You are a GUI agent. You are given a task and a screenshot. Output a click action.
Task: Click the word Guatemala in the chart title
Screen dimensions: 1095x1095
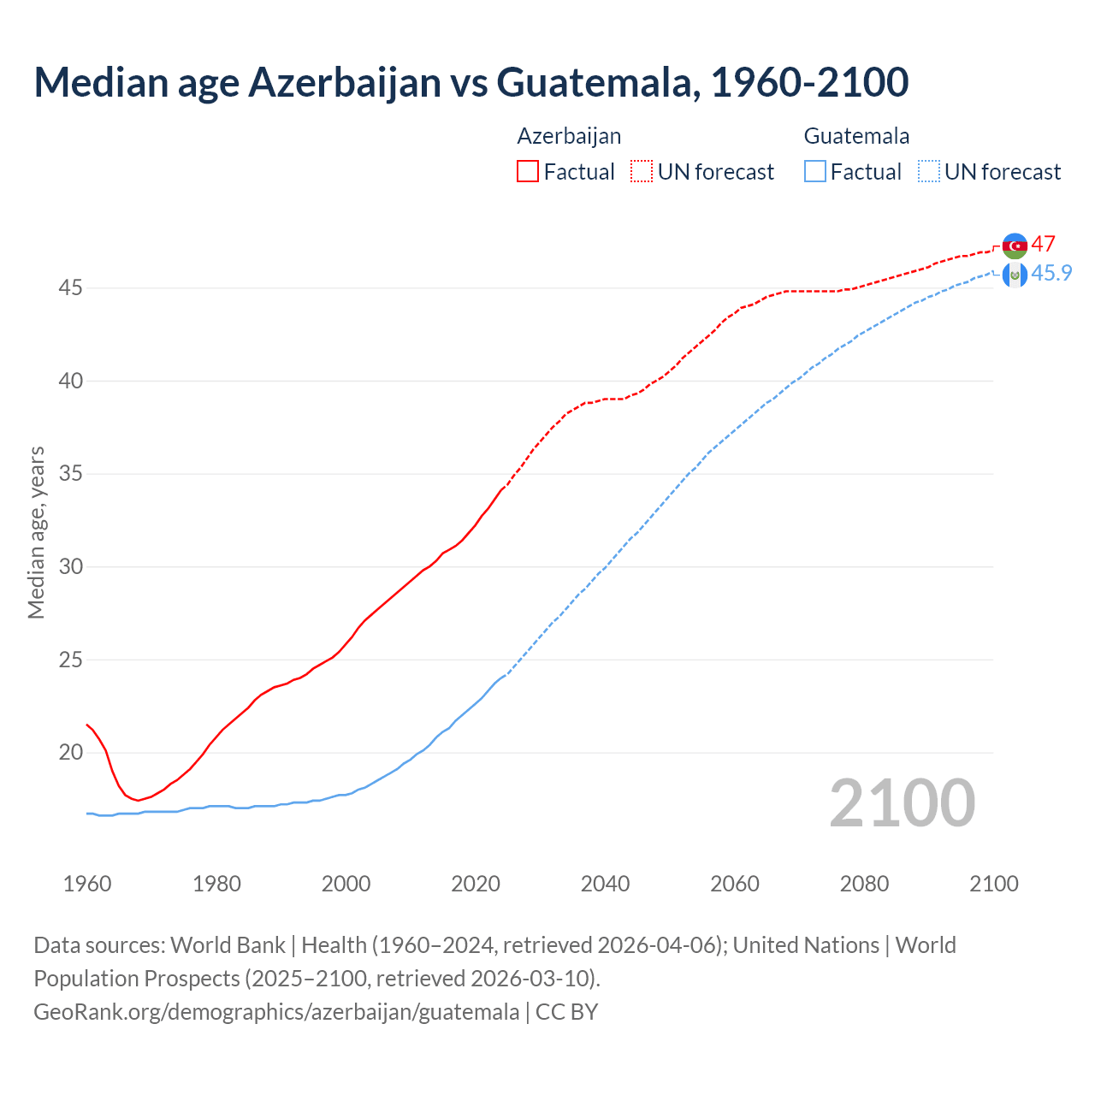click(595, 83)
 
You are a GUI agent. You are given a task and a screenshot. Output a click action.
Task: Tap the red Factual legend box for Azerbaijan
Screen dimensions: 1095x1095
click(528, 172)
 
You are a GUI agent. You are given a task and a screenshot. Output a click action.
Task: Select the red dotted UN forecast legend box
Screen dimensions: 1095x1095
click(642, 172)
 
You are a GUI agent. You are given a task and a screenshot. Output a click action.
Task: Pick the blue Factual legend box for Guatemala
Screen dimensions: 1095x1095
click(815, 172)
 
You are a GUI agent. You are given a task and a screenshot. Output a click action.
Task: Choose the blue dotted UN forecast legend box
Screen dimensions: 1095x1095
click(929, 172)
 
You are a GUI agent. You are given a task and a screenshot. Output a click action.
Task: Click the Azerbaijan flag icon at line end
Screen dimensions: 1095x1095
click(1015, 246)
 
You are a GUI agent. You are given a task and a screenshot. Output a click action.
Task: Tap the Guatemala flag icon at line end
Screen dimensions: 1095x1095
click(1015, 275)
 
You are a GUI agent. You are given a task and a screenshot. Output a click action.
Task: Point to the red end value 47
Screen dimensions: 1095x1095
click(1043, 244)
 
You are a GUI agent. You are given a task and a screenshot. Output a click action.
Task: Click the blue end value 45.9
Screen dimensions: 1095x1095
click(1051, 273)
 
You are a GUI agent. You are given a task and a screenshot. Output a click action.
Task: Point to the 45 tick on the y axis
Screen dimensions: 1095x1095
click(70, 288)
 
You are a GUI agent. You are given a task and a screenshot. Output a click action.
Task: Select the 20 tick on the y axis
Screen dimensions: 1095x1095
click(70, 753)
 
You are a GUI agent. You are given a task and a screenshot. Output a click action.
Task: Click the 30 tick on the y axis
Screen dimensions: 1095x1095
click(70, 567)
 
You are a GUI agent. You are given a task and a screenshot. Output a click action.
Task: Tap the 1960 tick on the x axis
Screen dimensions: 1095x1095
click(87, 884)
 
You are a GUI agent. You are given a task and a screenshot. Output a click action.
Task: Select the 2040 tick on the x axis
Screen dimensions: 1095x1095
click(605, 884)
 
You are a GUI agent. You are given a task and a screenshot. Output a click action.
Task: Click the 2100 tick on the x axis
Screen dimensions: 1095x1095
click(994, 884)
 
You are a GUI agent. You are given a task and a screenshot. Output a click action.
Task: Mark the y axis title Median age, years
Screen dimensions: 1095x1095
click(36, 532)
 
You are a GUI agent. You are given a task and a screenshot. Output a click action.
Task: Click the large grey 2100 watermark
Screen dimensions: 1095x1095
click(903, 802)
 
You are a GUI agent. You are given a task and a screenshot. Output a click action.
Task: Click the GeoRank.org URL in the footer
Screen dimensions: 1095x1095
click(276, 1012)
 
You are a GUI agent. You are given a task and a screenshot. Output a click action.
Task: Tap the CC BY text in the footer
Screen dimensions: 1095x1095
click(566, 1012)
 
